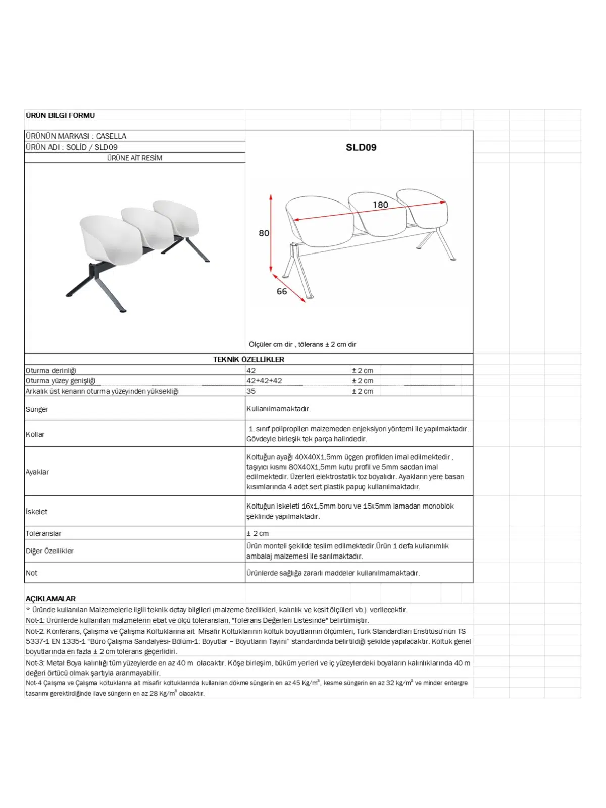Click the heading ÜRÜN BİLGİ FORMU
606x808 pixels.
click(60, 115)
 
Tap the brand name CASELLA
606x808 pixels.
click(111, 136)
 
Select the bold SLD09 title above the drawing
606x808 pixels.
click(361, 147)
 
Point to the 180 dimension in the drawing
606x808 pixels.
click(380, 205)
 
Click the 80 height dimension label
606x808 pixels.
click(264, 233)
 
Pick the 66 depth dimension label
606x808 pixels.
click(281, 291)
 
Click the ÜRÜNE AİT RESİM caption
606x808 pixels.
click(134, 158)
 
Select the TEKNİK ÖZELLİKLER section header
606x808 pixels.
click(248, 359)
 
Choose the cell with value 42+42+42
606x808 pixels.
click(264, 381)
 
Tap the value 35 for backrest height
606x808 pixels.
click(251, 391)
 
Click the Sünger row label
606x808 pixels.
click(37, 409)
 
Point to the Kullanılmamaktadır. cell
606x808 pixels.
click(278, 409)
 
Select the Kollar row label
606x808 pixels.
click(35, 434)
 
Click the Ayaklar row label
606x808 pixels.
click(37, 472)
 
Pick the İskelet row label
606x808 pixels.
click(37, 512)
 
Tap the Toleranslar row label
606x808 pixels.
click(43, 533)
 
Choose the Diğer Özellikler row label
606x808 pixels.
click(49, 551)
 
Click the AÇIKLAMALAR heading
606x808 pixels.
click(50, 599)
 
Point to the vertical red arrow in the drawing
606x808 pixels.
click(271, 233)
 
